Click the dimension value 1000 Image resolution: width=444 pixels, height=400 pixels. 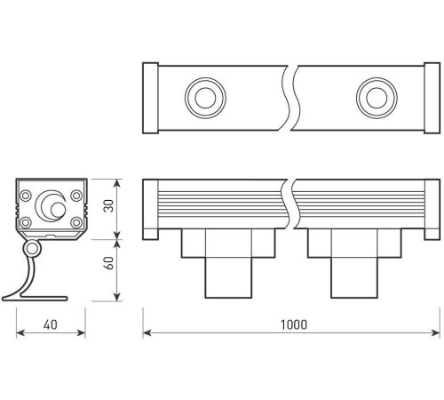tap(293, 325)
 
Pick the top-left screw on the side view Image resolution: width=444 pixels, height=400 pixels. tap(27, 196)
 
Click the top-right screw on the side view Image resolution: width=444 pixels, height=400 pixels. tap(76, 196)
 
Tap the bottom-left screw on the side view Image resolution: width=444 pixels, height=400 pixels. tap(27, 221)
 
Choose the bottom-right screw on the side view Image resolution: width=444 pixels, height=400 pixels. tap(76, 221)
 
